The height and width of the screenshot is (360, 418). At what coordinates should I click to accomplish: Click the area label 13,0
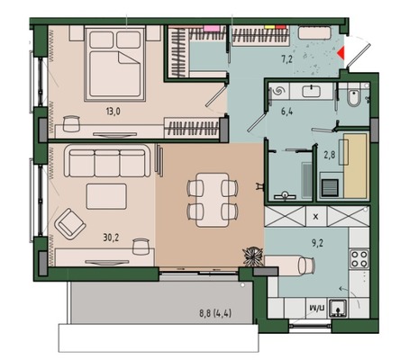point(113,112)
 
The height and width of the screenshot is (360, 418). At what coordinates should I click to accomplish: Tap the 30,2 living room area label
point(111,238)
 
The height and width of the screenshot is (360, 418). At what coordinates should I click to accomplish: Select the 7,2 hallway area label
point(286,59)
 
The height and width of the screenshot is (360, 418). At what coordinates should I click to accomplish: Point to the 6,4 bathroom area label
point(286,112)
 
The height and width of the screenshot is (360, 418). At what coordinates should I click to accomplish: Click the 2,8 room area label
point(330,155)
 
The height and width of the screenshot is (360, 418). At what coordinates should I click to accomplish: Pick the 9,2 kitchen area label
point(317,243)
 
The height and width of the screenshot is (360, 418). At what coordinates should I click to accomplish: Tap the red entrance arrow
point(341,53)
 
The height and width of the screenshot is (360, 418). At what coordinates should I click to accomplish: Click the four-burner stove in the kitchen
point(359,258)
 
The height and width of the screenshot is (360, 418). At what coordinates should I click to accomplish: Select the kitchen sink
point(338,308)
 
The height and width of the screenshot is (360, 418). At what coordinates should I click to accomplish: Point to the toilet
point(353,96)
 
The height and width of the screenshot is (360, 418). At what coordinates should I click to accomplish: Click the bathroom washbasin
point(312,91)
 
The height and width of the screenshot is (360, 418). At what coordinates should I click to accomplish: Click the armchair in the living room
point(70,224)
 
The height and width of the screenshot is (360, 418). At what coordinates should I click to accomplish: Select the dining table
point(213,200)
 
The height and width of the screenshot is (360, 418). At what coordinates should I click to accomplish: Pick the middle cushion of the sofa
point(107,163)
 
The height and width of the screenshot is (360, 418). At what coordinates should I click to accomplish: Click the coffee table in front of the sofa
point(106,196)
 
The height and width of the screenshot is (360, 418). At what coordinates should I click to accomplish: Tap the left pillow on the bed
point(102,40)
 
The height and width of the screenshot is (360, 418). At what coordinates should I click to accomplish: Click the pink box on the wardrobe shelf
point(208,28)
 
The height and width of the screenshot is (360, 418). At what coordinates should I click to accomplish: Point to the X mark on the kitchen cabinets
point(315,217)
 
